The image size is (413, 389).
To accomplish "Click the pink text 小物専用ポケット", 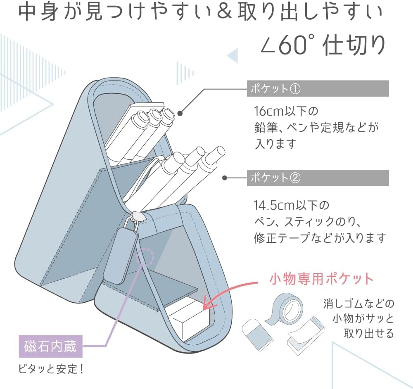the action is (x=321, y=279).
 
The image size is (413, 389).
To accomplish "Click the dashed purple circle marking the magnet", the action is (x=145, y=257).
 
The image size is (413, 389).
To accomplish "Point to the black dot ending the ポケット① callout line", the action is (x=180, y=112).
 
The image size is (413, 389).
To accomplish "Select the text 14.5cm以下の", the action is (x=285, y=205).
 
